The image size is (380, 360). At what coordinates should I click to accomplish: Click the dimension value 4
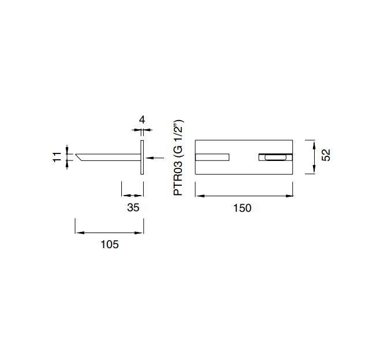pos(142,120)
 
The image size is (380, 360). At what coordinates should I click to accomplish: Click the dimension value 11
pos(57,157)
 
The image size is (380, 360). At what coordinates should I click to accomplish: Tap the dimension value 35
pos(133,208)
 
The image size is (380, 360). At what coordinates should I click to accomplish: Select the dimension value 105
pos(110,244)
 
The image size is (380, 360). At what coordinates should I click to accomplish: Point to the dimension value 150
pos(242,208)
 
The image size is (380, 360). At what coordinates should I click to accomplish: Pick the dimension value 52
pos(326,155)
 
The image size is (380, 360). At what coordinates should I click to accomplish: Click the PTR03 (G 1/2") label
pos(178,157)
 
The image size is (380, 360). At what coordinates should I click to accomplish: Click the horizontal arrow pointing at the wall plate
pos(155,158)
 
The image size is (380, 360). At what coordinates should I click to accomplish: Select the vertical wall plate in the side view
pos(142,157)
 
